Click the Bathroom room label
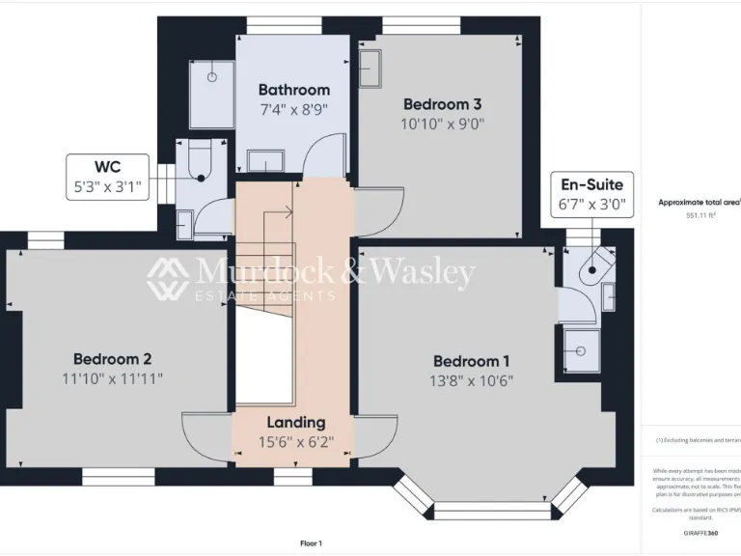coord(293,90)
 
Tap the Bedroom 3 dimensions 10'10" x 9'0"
coord(442,124)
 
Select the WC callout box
coord(108,175)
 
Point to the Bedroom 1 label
coord(472,361)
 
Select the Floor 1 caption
coord(311,543)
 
